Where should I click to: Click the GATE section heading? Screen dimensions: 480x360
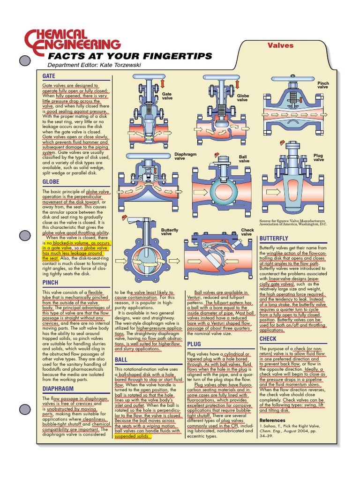(49, 76)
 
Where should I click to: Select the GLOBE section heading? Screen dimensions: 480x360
(51, 181)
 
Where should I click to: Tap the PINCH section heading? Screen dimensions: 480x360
(50, 283)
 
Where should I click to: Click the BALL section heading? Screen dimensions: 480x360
(121, 360)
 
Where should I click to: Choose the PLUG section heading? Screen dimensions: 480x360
(194, 344)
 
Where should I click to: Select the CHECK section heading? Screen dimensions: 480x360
(268, 338)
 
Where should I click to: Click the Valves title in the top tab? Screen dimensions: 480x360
(280, 45)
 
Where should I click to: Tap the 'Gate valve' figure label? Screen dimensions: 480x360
(167, 96)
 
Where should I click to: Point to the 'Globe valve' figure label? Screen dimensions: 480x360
(243, 97)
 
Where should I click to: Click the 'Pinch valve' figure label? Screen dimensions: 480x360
(323, 85)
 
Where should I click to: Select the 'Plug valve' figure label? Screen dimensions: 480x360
(318, 157)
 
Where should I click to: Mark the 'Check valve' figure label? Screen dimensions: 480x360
(247, 232)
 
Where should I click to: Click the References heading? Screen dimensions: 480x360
(272, 420)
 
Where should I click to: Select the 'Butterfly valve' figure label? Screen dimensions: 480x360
(170, 232)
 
